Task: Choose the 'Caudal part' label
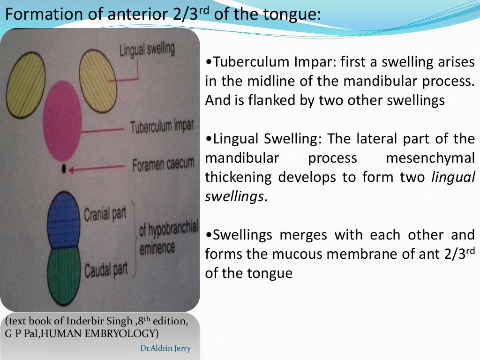click(106, 270)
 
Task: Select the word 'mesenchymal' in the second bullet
click(430, 158)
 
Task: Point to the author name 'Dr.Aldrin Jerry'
click(165, 348)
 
